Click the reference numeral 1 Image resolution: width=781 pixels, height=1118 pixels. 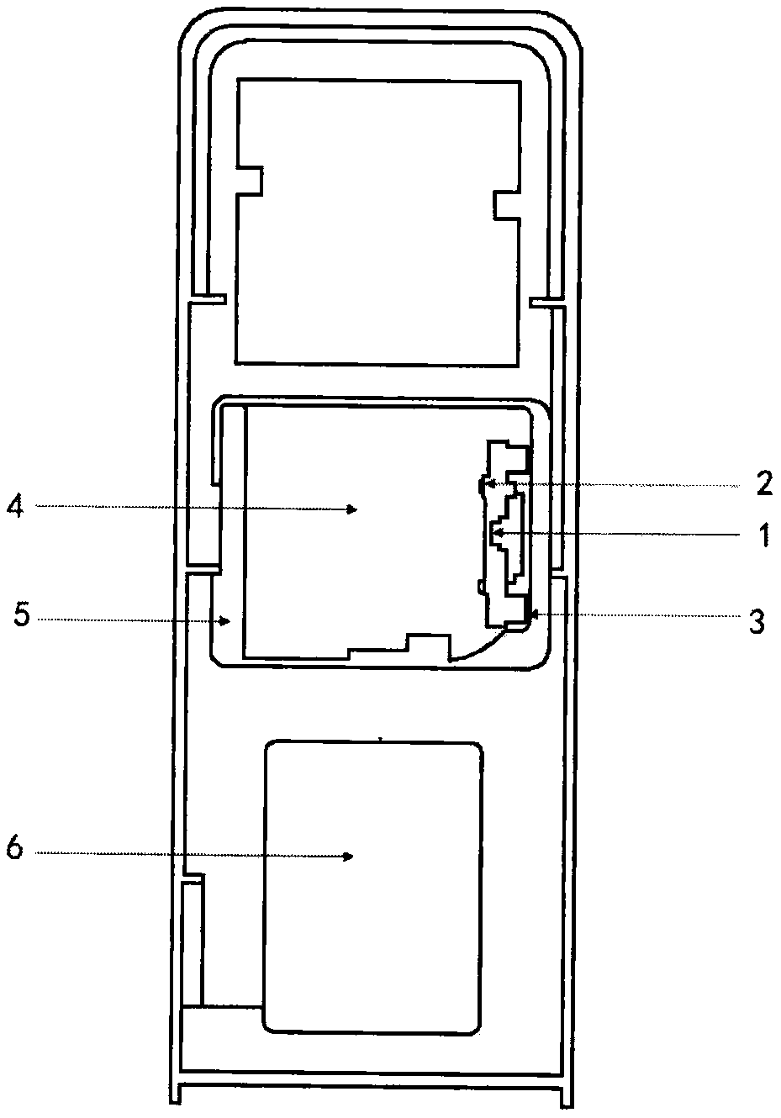pyautogui.click(x=764, y=535)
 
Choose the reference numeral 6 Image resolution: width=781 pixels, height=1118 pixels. pyautogui.click(x=14, y=849)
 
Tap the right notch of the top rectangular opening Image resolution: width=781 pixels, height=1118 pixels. pyautogui.click(x=506, y=204)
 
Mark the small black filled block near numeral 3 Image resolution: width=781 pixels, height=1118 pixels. pyautogui.click(x=528, y=608)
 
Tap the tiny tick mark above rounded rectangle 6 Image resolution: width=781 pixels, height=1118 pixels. pyautogui.click(x=381, y=739)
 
